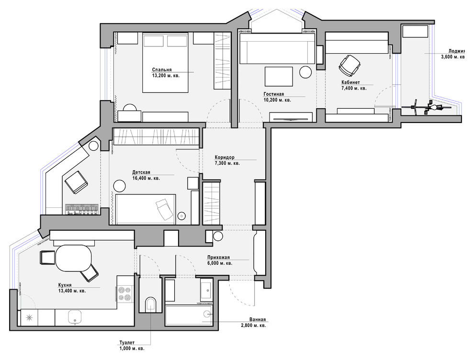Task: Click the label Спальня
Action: coord(162,69)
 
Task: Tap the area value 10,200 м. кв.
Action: coord(277,100)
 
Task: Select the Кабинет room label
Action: coord(350,82)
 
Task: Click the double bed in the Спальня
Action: coord(165,63)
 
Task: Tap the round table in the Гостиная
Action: coord(305,72)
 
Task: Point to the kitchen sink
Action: coord(75,317)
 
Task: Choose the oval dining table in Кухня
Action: coord(73,258)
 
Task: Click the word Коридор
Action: coord(225,157)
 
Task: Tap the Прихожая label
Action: coord(218,258)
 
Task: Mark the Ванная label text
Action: coord(258,319)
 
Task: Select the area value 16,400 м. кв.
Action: coord(146,179)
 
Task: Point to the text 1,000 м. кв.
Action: coord(132,349)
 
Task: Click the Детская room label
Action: coord(141,172)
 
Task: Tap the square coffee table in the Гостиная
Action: coord(279,77)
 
